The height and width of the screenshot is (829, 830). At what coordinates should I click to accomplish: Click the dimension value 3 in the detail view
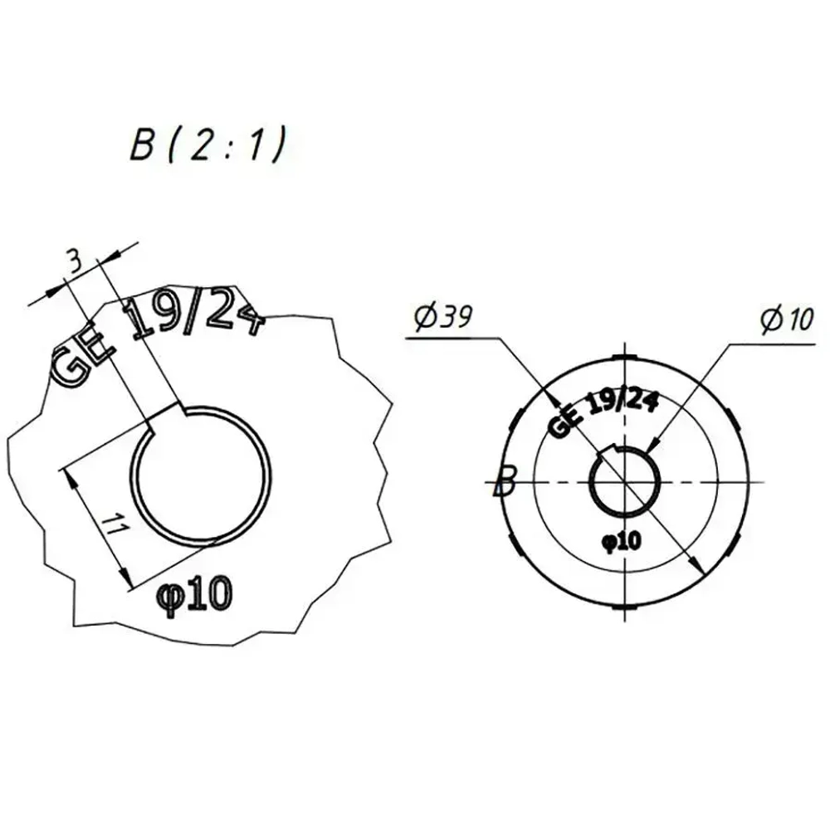tap(76, 262)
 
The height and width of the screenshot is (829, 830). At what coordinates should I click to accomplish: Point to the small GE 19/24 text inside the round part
tap(604, 411)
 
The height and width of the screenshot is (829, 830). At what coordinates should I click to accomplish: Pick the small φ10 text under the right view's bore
tap(622, 541)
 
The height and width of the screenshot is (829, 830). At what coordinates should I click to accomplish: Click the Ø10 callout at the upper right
tap(787, 318)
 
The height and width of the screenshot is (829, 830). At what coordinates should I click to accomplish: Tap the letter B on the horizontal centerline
tap(505, 480)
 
